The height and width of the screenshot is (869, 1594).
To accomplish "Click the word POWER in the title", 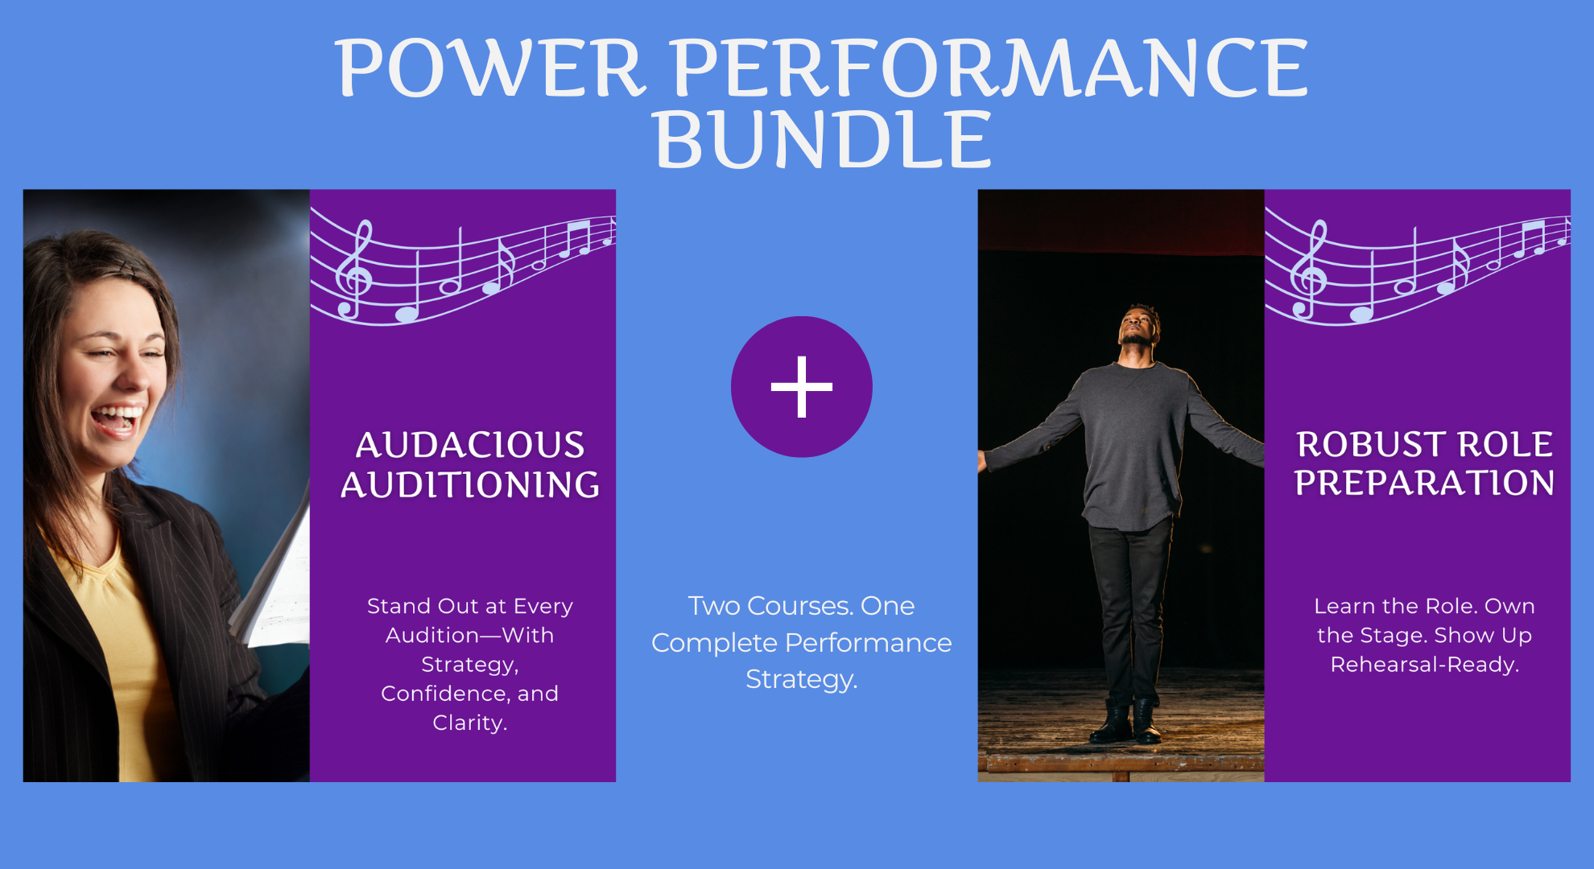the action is click(x=489, y=68).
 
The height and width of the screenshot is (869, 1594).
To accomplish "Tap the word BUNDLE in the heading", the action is click(x=822, y=140).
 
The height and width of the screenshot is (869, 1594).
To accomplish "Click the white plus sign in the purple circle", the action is click(x=802, y=387).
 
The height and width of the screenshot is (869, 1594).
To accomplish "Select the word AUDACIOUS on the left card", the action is click(x=470, y=445).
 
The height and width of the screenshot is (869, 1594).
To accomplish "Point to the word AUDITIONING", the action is click(x=470, y=484).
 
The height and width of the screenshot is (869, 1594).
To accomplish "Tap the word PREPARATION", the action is click(x=1424, y=483).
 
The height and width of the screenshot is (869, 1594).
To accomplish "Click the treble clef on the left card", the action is click(x=354, y=269).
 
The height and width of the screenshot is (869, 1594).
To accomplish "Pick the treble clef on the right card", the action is click(x=1309, y=269).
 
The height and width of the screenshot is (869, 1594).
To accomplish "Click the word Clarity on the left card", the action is click(x=468, y=723).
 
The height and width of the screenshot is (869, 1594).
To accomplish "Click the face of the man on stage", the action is click(x=1138, y=323).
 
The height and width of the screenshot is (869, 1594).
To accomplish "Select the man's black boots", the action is click(x=1125, y=721).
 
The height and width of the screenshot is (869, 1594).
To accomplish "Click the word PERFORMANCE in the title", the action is click(x=991, y=68).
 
